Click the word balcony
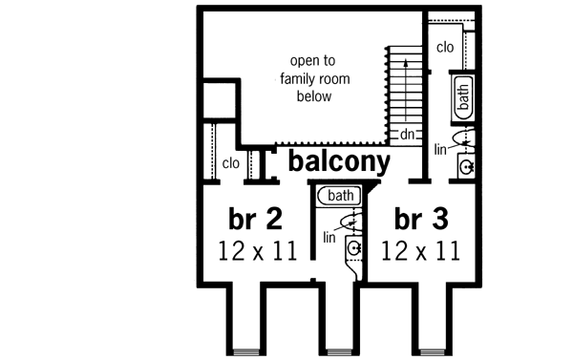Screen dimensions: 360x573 tap(339, 160)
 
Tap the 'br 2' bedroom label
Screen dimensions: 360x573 tap(255, 221)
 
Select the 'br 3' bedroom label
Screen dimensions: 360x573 tap(421, 221)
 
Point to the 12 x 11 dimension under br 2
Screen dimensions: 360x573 tap(255, 251)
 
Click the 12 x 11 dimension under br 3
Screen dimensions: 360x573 tap(421, 251)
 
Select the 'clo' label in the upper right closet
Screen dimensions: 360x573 tap(445, 47)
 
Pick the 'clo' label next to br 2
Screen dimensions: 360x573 tap(230, 163)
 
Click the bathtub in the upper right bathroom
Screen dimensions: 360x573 tap(463, 97)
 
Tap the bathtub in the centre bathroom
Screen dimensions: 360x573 tap(339, 196)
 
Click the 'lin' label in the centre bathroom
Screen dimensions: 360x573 tap(329, 236)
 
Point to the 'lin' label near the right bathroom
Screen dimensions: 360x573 tap(440, 149)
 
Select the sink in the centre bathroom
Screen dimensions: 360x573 tap(353, 249)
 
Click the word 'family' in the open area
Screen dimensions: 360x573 tap(307, 79)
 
